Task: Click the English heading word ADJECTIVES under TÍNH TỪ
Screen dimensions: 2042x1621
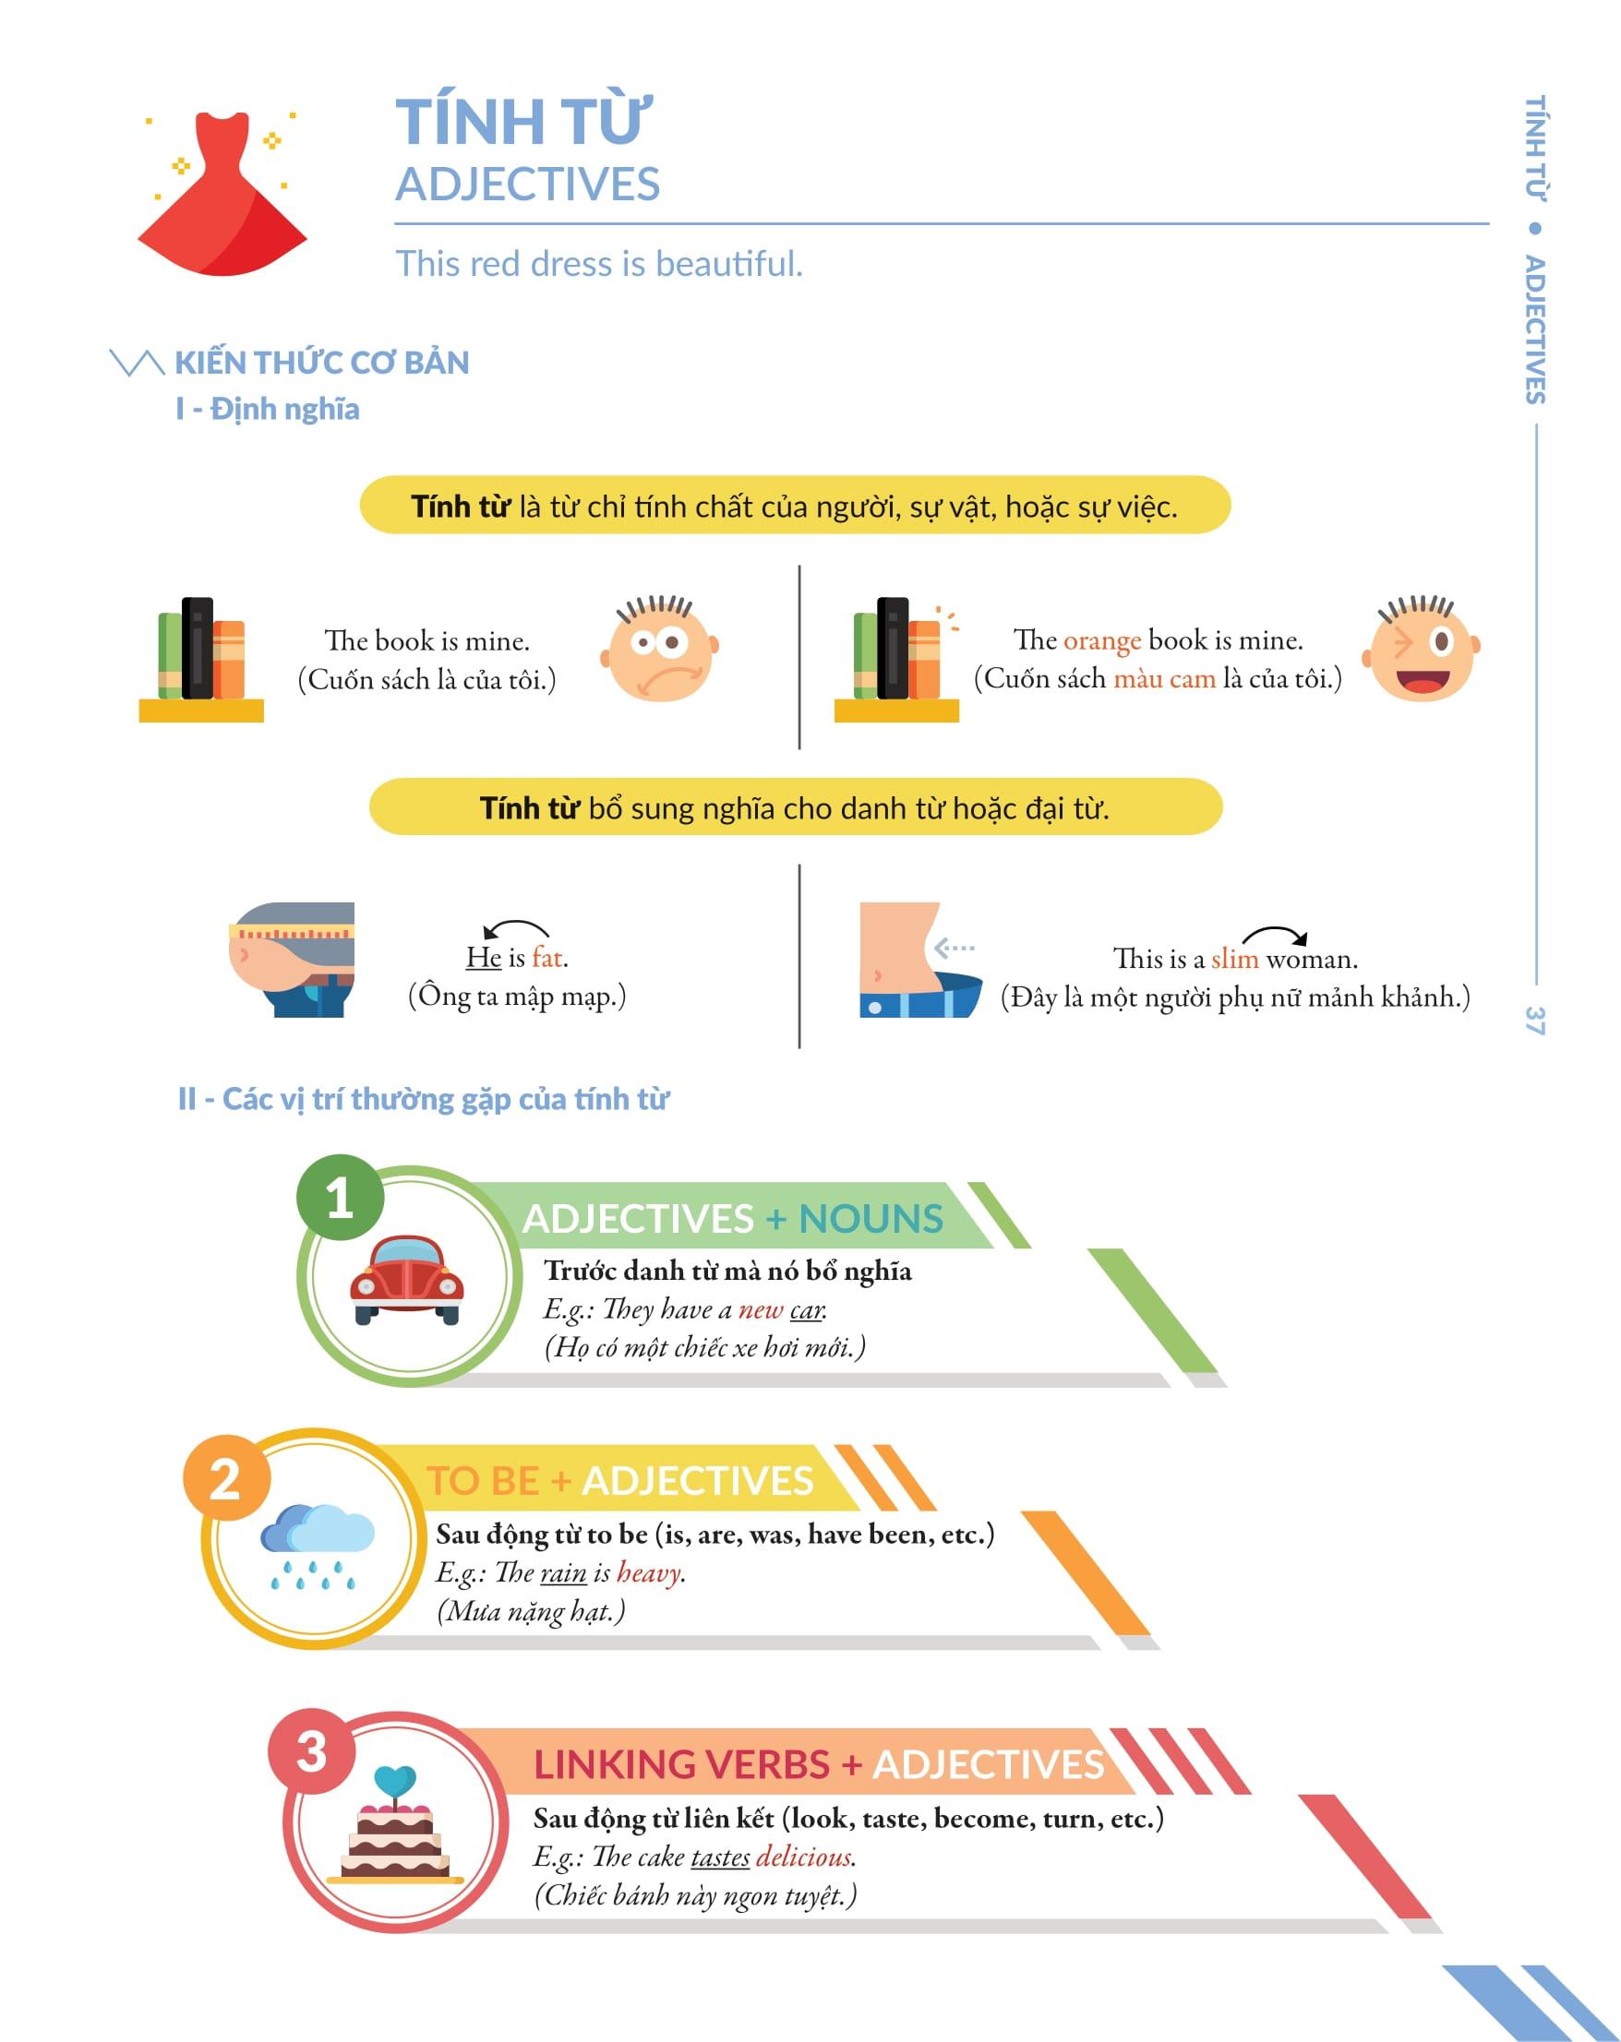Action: coord(528,184)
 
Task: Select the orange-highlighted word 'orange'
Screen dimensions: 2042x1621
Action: coord(1101,641)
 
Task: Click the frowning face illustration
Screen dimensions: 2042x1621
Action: coord(660,649)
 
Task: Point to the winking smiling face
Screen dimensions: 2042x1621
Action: coord(1421,649)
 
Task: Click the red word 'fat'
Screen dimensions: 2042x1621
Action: coord(548,958)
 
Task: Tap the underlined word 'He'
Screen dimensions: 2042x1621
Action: coord(483,958)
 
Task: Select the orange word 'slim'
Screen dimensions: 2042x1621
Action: coord(1234,960)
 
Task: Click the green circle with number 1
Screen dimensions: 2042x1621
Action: coord(340,1198)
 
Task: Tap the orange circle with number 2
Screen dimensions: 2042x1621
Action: coord(226,1478)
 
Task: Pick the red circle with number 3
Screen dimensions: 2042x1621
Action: coord(312,1752)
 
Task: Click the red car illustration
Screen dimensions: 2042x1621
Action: coord(406,1278)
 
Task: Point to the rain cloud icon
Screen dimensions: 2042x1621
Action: coord(316,1544)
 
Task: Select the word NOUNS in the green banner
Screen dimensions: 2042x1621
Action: coord(871,1219)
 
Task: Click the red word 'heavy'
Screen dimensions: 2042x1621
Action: coord(649,1573)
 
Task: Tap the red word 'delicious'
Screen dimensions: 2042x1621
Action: coord(804,1857)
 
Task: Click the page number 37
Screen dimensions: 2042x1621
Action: coord(1535,1020)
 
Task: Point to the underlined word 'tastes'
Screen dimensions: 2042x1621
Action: coord(720,1857)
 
